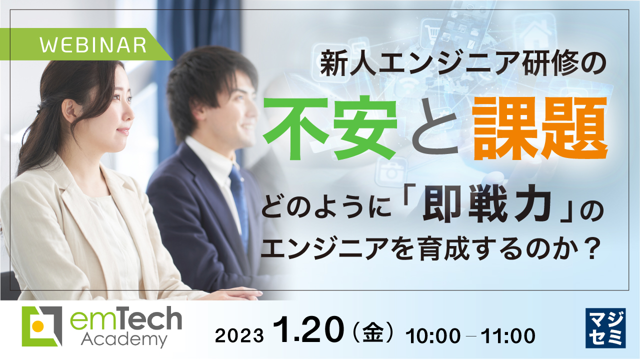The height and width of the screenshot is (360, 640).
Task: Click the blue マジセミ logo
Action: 604,327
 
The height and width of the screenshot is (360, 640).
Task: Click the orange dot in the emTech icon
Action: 36,327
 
